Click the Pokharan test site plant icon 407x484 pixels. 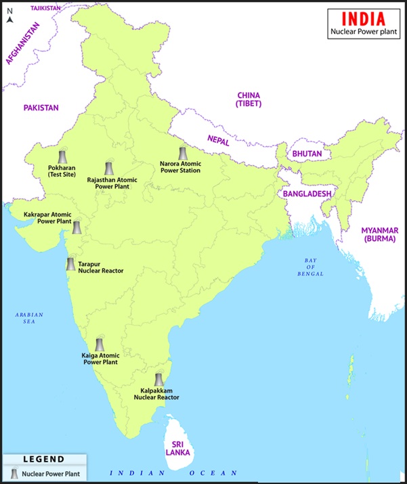[63, 156]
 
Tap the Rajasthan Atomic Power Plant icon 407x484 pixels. [108, 169]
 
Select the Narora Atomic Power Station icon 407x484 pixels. [181, 154]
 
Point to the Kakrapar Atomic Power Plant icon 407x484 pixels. [77, 227]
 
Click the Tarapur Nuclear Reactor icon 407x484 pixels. [70, 264]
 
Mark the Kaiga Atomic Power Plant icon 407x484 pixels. [100, 345]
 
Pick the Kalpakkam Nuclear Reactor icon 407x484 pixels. [158, 380]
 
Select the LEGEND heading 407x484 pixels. [43, 459]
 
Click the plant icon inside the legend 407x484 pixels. [14, 473]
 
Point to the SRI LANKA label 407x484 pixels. [179, 448]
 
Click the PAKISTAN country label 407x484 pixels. [41, 108]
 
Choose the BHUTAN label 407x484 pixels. [307, 154]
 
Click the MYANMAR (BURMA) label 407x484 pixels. [379, 235]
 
